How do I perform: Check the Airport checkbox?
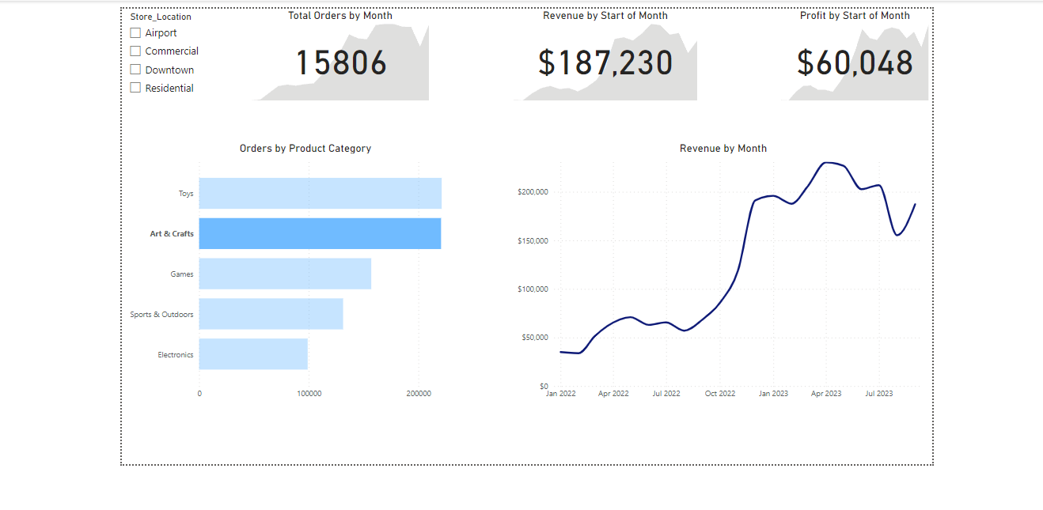(135, 33)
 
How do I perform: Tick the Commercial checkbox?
(135, 51)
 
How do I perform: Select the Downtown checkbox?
(135, 70)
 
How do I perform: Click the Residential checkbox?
(135, 88)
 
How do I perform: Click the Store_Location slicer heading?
(161, 17)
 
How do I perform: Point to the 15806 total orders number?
(341, 63)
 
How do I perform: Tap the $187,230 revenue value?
(605, 63)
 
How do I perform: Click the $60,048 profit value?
(855, 63)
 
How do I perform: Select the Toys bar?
(320, 193)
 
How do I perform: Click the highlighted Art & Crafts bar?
(320, 233)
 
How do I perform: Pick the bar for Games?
(285, 274)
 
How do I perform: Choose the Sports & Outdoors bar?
(271, 314)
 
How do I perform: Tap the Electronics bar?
(253, 354)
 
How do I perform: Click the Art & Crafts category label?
(172, 234)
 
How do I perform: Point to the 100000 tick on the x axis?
(309, 394)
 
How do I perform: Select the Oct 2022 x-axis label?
(719, 394)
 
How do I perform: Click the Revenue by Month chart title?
(723, 149)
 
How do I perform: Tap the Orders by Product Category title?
(305, 149)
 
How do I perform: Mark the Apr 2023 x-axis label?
(825, 394)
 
